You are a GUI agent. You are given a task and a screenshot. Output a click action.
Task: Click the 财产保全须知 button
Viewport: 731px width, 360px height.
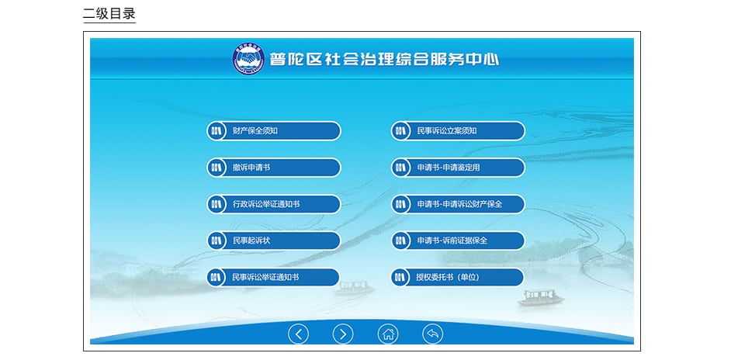point(274,131)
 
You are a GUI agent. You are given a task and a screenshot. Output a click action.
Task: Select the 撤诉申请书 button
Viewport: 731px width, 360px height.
point(274,168)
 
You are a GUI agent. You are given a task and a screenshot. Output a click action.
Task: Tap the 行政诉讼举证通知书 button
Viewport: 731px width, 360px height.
point(274,204)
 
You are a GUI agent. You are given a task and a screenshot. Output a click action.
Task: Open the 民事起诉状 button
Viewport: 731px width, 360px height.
point(274,241)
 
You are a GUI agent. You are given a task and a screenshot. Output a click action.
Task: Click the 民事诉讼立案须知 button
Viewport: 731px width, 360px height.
point(458,131)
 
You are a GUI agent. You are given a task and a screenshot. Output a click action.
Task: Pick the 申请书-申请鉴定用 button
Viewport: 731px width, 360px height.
point(458,168)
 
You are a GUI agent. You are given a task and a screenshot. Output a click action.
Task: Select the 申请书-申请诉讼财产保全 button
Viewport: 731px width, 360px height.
point(458,204)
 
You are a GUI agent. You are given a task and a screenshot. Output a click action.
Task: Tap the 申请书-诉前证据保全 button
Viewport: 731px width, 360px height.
point(458,241)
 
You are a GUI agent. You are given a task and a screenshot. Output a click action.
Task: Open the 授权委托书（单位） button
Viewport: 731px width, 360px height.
point(457,278)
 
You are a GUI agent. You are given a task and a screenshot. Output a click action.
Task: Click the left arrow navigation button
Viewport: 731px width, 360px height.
point(298,334)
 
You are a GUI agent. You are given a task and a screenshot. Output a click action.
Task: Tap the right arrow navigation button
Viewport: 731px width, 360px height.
point(343,334)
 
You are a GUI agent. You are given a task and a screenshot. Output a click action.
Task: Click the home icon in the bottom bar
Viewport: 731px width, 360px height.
point(388,334)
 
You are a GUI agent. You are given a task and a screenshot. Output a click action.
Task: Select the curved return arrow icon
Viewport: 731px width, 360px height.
point(433,334)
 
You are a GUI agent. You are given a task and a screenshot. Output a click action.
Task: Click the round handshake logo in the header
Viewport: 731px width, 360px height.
point(248,59)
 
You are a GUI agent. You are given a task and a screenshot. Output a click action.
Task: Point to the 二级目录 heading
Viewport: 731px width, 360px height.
point(109,13)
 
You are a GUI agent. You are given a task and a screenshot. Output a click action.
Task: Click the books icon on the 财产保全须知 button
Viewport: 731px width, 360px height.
point(216,131)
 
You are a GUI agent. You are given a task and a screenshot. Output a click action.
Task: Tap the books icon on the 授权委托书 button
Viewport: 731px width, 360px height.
point(400,278)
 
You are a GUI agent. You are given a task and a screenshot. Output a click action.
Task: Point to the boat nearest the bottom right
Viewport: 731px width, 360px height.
point(541,297)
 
